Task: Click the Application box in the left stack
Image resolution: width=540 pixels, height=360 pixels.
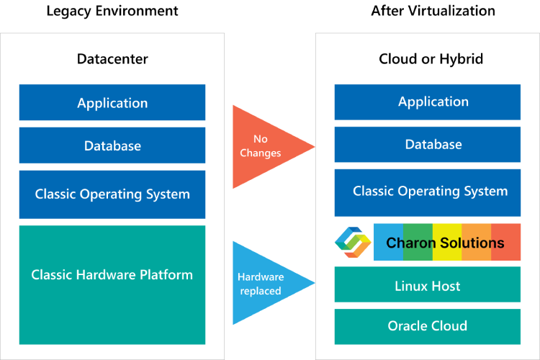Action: pyautogui.click(x=112, y=103)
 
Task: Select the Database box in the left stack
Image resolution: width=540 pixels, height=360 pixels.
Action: pyautogui.click(x=112, y=145)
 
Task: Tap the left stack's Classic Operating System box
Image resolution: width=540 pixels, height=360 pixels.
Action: pyautogui.click(x=112, y=194)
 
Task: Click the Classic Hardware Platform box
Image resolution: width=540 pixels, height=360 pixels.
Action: pyautogui.click(x=112, y=284)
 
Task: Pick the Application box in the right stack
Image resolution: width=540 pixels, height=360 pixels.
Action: pyautogui.click(x=428, y=102)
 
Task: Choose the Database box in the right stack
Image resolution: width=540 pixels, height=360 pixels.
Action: pyautogui.click(x=428, y=145)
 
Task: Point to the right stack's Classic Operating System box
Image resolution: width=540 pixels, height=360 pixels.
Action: pyautogui.click(x=428, y=192)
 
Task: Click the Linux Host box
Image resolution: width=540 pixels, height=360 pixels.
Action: pyautogui.click(x=428, y=286)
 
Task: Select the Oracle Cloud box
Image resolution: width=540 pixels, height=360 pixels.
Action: pyautogui.click(x=428, y=326)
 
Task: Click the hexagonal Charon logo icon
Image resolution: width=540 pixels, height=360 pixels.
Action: pyautogui.click(x=353, y=243)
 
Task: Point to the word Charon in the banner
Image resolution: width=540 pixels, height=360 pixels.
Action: pyautogui.click(x=411, y=243)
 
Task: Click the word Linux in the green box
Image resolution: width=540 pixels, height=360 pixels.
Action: pyautogui.click(x=411, y=286)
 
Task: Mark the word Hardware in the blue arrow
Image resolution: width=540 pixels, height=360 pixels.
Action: pyautogui.click(x=261, y=276)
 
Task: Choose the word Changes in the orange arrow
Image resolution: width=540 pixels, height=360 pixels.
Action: pyautogui.click(x=261, y=153)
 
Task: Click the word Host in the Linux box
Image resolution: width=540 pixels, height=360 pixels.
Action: pyautogui.click(x=446, y=286)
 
